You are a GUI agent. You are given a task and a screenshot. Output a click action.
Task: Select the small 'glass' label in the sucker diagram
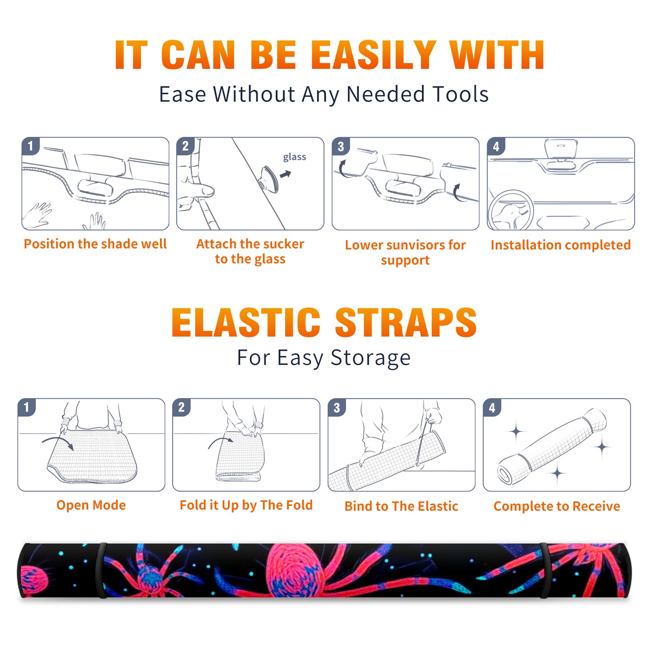(294, 157)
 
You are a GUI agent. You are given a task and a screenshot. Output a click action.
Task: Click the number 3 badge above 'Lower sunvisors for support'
(341, 146)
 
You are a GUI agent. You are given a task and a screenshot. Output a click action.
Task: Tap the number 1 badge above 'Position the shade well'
(30, 146)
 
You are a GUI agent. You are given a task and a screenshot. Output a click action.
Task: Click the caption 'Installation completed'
(561, 245)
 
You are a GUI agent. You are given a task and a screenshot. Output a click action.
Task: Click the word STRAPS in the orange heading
(406, 322)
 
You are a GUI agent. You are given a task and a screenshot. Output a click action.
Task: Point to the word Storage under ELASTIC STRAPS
(371, 358)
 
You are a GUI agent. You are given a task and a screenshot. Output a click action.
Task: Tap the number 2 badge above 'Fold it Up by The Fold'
(181, 407)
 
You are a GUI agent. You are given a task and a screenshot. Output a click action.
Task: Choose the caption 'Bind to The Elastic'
(401, 506)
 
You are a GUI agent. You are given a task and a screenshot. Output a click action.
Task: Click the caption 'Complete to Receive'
(557, 506)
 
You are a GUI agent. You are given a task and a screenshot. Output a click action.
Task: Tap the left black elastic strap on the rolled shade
(101, 570)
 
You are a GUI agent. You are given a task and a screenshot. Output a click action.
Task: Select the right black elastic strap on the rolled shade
(545, 570)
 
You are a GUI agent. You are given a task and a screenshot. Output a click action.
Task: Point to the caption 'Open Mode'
(91, 505)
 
